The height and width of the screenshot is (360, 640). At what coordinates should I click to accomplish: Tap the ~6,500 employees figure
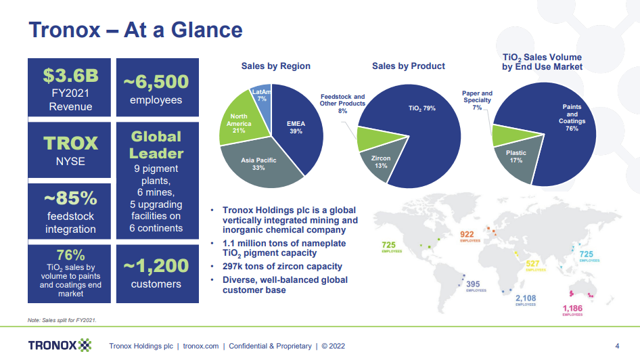click(x=156, y=82)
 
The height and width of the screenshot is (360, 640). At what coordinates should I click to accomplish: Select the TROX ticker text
click(x=70, y=143)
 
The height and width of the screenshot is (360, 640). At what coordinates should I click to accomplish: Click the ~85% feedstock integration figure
click(x=70, y=198)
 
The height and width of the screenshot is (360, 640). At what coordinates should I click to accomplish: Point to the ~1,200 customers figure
click(x=156, y=267)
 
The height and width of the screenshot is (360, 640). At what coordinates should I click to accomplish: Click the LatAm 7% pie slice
click(x=261, y=95)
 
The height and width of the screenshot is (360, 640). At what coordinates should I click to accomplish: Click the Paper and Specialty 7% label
click(x=477, y=100)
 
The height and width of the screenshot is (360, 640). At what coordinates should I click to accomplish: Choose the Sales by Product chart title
click(x=409, y=66)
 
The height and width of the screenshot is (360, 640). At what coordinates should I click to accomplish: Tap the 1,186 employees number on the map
click(x=573, y=309)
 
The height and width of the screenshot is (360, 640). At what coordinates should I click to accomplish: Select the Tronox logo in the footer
click(x=60, y=346)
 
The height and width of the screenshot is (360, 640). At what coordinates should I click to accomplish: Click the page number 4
click(x=617, y=346)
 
